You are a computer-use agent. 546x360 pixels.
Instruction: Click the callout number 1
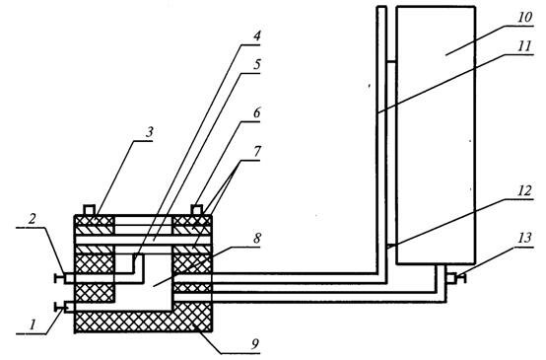pos(33,325)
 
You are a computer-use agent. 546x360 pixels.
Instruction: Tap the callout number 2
pos(33,219)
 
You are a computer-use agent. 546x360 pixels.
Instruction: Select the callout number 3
pos(150,133)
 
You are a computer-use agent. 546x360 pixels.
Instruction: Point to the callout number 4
pos(256,36)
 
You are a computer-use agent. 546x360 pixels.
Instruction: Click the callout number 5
pos(256,64)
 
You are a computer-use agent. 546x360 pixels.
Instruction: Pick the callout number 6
pos(256,112)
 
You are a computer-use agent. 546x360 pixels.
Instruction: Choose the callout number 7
pos(257,152)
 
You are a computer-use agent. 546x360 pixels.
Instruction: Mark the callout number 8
pos(257,239)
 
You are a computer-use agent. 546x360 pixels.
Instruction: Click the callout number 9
pos(255,344)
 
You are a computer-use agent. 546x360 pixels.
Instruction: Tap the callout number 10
pos(524,18)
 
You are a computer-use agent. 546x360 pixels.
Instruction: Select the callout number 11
pos(524,46)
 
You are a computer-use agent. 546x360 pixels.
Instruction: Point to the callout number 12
pos(524,191)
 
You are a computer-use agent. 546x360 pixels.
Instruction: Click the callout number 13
pos(524,238)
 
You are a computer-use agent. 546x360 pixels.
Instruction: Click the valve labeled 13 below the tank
pos(456,278)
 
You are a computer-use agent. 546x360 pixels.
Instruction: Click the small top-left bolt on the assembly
pos(89,210)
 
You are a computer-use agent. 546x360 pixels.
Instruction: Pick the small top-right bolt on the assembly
pos(197,210)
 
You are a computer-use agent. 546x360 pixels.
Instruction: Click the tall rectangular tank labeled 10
pos(436,135)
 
